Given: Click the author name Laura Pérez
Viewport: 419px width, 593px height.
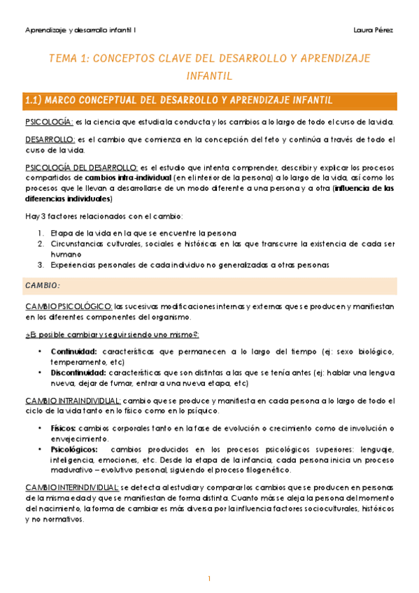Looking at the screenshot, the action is point(374,29).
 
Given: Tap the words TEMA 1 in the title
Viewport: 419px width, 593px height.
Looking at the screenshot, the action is point(64,59).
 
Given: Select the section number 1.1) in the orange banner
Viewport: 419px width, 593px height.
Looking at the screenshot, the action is point(33,101).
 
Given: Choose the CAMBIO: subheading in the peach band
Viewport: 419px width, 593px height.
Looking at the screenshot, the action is point(43,285).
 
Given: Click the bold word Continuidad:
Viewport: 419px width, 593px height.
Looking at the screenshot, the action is point(74,350).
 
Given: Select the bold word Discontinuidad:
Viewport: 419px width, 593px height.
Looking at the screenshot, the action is point(78,373).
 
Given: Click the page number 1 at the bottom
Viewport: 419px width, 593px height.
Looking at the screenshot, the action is point(209,578).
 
